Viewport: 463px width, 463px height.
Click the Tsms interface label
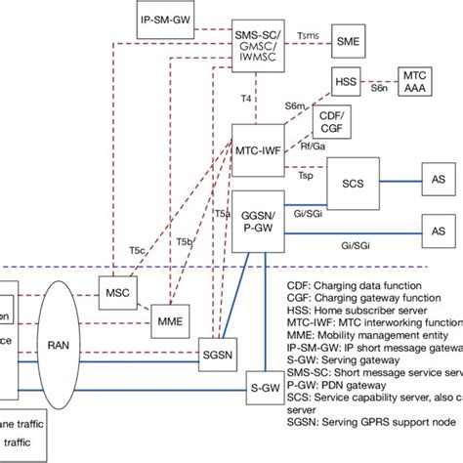tap(307, 32)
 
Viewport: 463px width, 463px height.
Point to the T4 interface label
tap(246, 98)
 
